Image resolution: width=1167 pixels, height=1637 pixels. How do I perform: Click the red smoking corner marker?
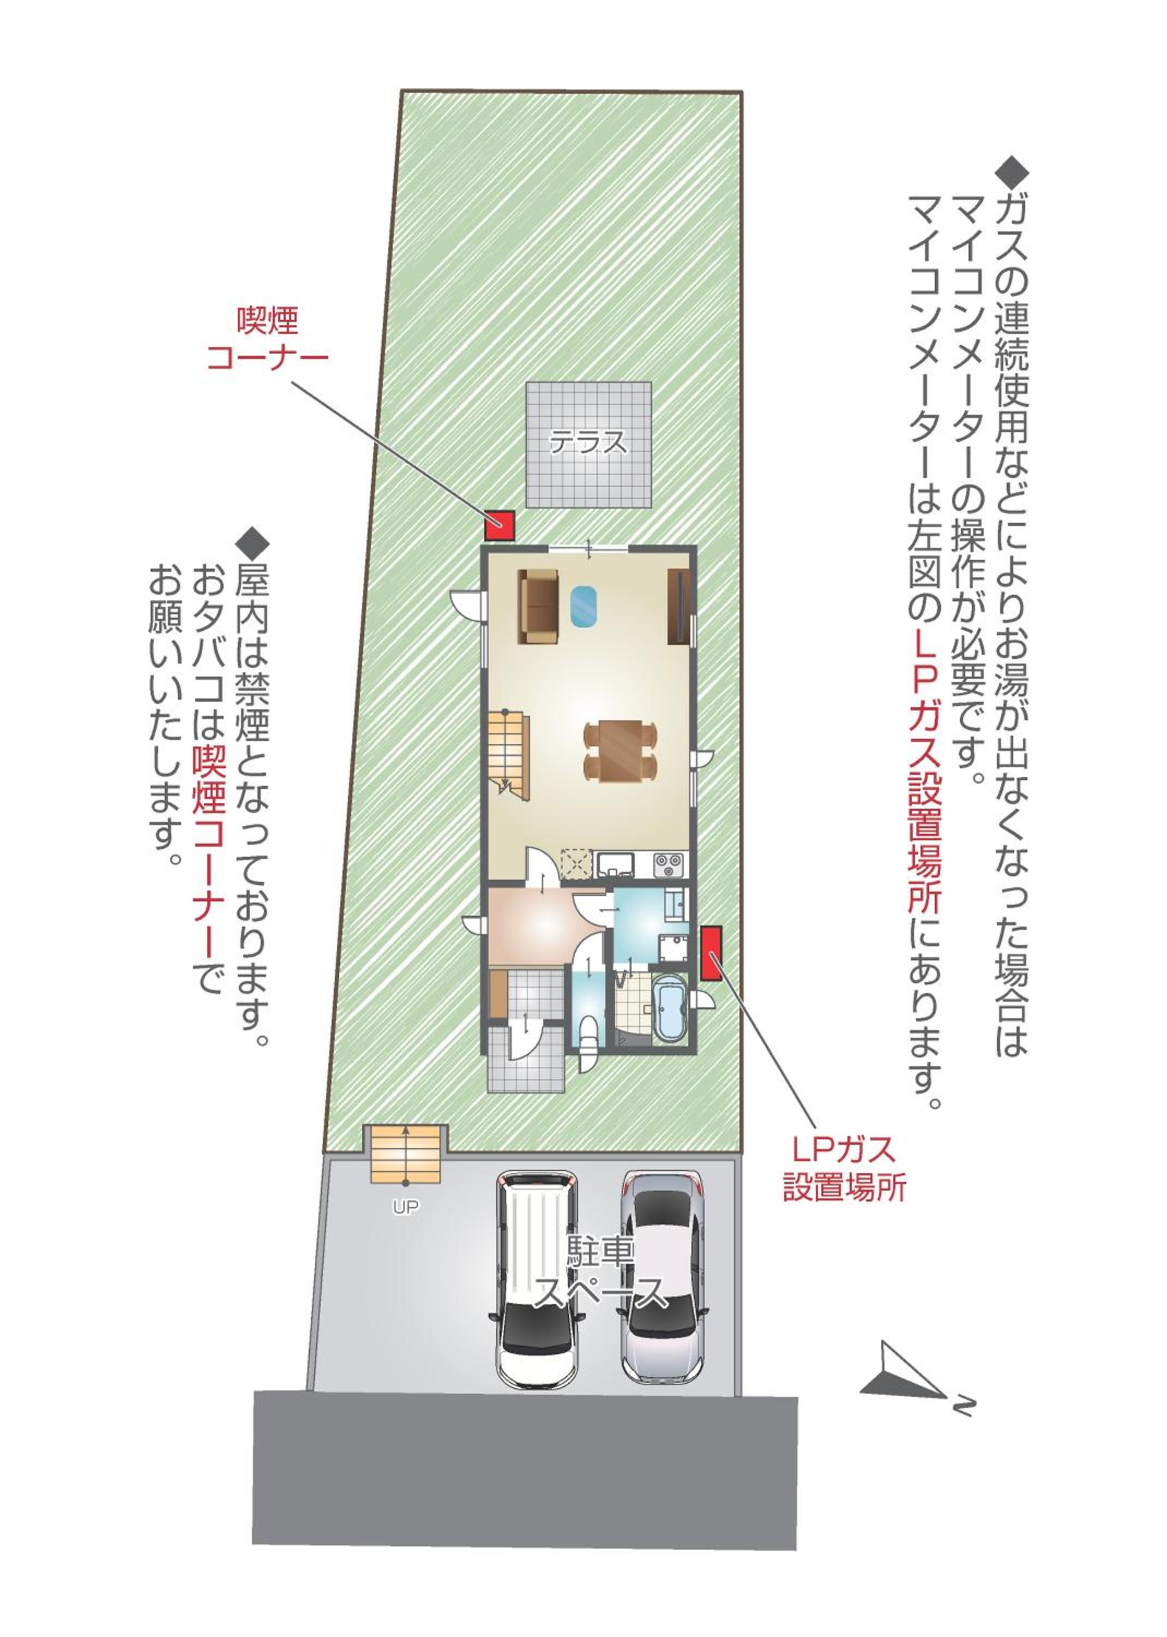tap(500, 525)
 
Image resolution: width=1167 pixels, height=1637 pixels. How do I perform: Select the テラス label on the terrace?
tap(588, 441)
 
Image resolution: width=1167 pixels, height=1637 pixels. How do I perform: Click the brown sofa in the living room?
tap(538, 607)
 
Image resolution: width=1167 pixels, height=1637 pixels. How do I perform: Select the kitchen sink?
tap(615, 863)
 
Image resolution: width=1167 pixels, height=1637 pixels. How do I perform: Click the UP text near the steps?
tap(405, 1207)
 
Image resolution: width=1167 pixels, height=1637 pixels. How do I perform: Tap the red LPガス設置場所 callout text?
tap(844, 1168)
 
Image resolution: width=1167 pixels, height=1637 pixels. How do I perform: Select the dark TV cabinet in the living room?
tap(679, 606)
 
